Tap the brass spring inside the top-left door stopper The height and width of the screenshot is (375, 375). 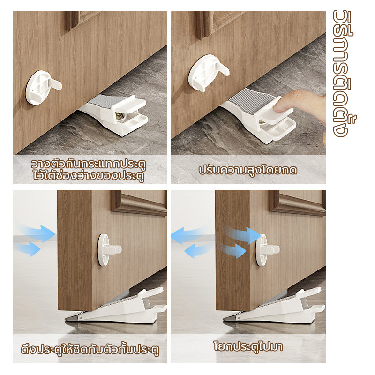tap(120, 117)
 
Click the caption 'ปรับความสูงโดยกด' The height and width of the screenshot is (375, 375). tap(248, 170)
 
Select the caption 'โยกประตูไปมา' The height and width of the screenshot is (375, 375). tap(248, 346)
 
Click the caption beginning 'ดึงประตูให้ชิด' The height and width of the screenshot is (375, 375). tap(90, 349)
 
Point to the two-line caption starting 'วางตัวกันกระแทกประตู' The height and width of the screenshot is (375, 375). tap(89, 170)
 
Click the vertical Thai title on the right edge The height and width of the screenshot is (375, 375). tap(344, 74)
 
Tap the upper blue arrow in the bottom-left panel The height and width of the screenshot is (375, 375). tap(38, 233)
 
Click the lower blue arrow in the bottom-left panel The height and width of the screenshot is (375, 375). tap(28, 248)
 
